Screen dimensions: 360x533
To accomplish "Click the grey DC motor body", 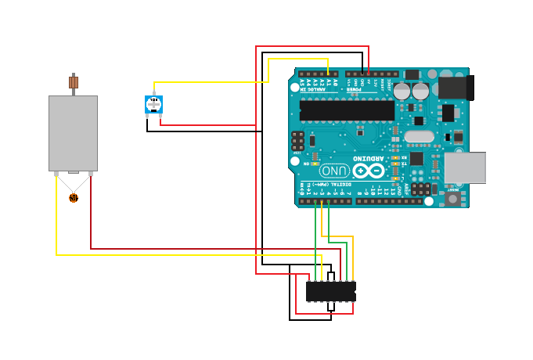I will [x=73, y=133].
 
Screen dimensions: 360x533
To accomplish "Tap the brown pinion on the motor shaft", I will [x=74, y=81].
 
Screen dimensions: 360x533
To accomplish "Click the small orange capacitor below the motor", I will [x=74, y=198].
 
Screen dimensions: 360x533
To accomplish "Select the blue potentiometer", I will [x=154, y=104].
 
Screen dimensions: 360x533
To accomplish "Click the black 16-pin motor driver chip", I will [x=330, y=291].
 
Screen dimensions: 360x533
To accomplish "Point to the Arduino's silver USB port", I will [x=465, y=167].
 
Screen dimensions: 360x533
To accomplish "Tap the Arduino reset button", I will [x=453, y=198].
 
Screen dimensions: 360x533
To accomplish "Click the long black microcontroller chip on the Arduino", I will [x=347, y=110].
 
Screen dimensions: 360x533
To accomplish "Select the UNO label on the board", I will [x=334, y=170].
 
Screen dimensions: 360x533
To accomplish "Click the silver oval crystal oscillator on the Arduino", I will [x=420, y=137].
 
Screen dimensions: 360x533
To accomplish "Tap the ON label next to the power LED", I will [x=306, y=164].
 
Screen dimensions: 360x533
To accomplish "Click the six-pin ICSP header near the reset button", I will [x=422, y=189].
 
